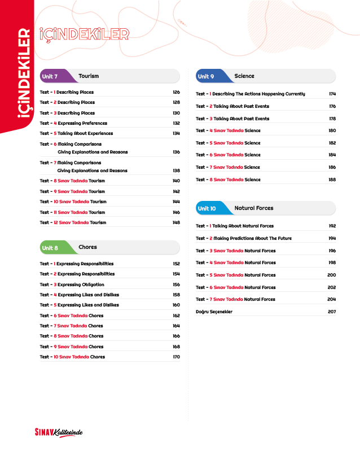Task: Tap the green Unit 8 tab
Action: (50, 248)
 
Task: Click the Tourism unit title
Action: (89, 76)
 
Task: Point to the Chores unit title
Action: (87, 247)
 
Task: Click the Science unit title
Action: (244, 76)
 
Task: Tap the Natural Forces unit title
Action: (254, 208)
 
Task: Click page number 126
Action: (176, 92)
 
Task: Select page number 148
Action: (176, 222)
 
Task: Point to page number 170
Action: (176, 357)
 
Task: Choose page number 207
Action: (332, 312)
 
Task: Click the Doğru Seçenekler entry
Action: (214, 312)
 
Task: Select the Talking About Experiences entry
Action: (85, 134)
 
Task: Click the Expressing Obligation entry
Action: (81, 284)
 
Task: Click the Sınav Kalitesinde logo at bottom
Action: (59, 432)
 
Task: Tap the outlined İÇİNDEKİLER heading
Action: (84, 34)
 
